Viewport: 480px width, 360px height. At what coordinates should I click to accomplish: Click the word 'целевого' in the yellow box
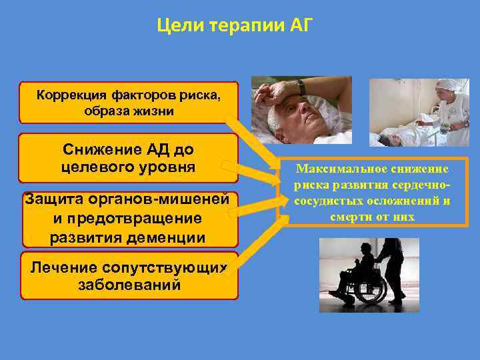pos(95,165)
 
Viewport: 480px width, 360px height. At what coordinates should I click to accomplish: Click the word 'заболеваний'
pos(129,285)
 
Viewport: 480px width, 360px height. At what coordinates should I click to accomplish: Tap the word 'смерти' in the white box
pos(349,217)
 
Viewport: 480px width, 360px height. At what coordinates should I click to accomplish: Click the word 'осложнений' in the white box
pos(398,201)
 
